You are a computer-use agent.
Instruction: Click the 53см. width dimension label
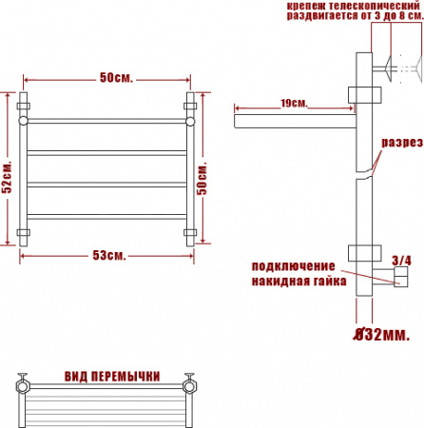[109, 255]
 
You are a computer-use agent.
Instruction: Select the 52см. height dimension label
[7, 177]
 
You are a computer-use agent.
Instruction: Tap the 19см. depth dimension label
[294, 103]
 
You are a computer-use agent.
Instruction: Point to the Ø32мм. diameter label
[381, 334]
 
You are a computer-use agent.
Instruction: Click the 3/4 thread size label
[401, 261]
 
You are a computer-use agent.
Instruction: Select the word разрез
[402, 143]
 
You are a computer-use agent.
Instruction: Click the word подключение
[293, 266]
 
